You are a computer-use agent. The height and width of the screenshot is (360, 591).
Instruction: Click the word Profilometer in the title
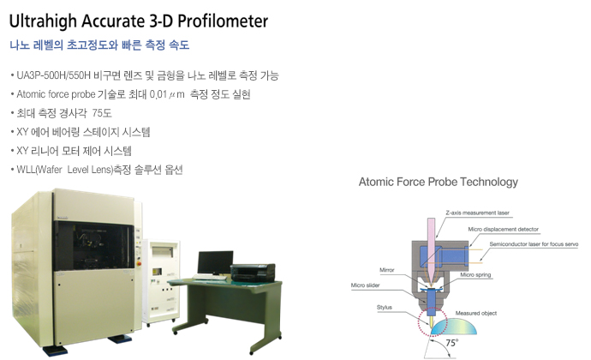(x=223, y=21)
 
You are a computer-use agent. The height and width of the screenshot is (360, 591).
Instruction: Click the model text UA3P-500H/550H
(x=53, y=75)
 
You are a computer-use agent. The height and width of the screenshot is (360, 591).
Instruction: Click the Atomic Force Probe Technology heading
(x=438, y=182)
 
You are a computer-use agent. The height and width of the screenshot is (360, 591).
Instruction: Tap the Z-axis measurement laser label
(x=477, y=213)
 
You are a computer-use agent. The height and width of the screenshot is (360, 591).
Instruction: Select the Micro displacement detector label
(x=503, y=229)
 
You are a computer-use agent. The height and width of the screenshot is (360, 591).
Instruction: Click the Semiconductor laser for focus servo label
(x=534, y=244)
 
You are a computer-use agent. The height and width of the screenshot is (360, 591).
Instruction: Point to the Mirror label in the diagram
(x=386, y=270)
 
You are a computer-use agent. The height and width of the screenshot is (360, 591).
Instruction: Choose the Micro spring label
(x=475, y=275)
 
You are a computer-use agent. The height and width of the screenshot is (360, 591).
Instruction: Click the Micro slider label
(x=365, y=285)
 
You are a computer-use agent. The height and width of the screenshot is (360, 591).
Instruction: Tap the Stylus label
(x=384, y=307)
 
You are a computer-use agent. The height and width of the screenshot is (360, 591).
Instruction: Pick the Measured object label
(x=475, y=313)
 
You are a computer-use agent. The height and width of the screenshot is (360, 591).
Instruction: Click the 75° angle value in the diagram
(x=451, y=343)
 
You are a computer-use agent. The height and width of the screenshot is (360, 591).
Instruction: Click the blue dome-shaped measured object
(x=454, y=327)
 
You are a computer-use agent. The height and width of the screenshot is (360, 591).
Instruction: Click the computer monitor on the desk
(x=215, y=263)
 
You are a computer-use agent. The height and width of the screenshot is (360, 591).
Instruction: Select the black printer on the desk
(x=253, y=273)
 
